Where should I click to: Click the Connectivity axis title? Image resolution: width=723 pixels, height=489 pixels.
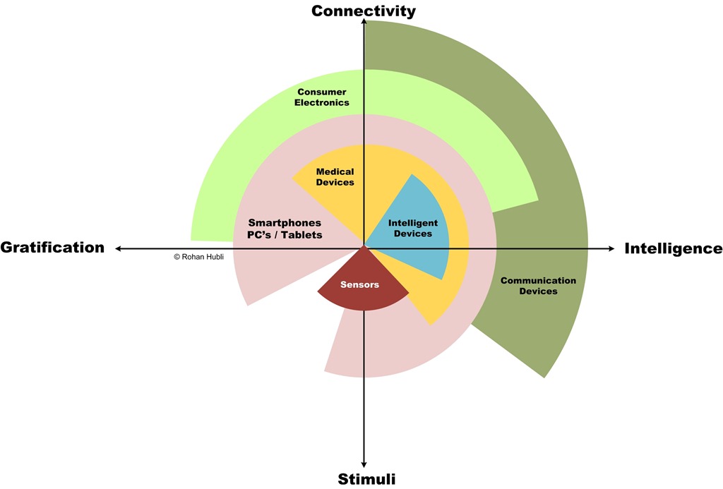(363, 11)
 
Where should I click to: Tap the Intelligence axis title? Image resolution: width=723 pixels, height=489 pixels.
(673, 248)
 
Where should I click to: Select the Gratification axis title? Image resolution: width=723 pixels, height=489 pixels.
(52, 247)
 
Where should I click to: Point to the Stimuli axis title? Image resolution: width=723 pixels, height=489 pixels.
(366, 478)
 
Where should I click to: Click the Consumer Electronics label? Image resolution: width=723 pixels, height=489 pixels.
(323, 97)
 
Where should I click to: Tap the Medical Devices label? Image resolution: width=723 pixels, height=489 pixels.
(335, 177)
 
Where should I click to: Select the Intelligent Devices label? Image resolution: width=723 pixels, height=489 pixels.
(413, 228)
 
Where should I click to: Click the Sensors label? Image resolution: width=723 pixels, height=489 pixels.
(359, 285)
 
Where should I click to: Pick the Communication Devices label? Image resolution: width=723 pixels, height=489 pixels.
(538, 286)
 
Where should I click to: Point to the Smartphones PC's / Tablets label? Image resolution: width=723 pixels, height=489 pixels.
(285, 229)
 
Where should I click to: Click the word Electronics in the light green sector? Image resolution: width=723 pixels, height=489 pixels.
(323, 102)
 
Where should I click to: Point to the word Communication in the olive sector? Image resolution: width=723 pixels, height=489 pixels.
(538, 281)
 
